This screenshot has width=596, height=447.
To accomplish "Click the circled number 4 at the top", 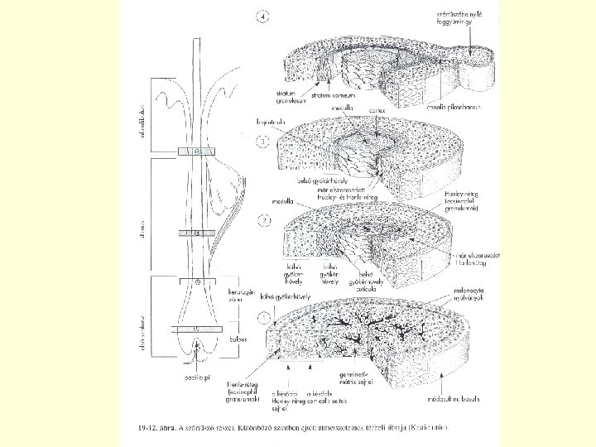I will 264,17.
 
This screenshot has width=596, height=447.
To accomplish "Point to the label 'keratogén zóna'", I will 238,297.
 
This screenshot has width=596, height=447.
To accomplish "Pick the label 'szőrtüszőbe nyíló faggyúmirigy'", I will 473,19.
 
